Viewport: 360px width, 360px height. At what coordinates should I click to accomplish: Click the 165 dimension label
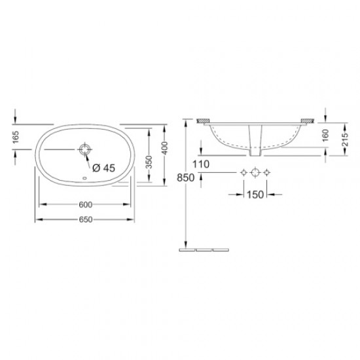coord(13,139)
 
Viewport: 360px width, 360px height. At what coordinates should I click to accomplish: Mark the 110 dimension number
coord(201,165)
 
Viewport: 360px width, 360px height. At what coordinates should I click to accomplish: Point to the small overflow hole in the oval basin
coord(84,178)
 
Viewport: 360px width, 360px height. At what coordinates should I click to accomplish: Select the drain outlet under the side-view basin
coord(255,153)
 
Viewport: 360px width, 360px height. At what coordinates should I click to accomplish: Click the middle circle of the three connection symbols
coord(255,173)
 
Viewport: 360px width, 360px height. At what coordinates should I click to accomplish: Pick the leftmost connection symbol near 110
coord(243,173)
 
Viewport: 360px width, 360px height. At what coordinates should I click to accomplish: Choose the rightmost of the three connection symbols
coord(267,173)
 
